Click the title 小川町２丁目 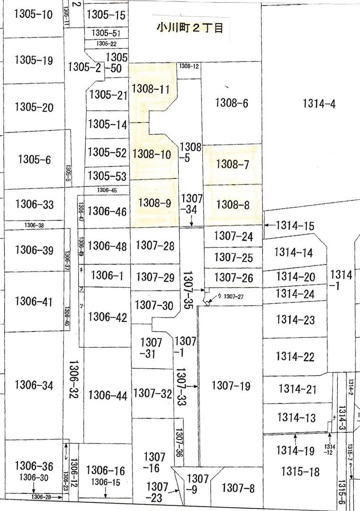point(190,28)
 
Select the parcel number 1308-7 point(232,164)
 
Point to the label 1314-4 point(319,104)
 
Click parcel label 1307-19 point(230,386)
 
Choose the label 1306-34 point(34,385)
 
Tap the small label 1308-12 point(189,67)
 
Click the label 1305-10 point(33,14)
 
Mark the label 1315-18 point(300,471)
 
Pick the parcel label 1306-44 point(108,395)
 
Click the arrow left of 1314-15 point(268,226)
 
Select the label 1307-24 point(233,236)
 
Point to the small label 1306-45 point(107,190)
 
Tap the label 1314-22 point(295,356)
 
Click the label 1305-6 point(35,159)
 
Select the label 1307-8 point(238,488)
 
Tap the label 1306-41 point(35,301)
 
